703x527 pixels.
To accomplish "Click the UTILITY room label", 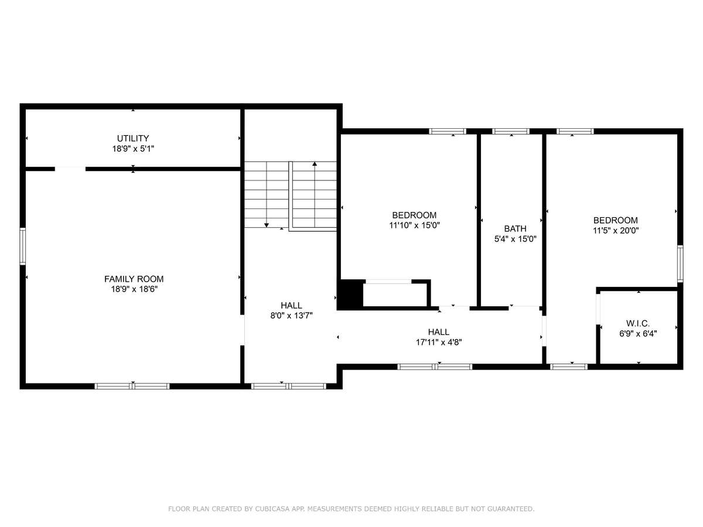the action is pyautogui.click(x=133, y=138).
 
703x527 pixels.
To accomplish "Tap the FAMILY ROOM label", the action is pyautogui.click(x=134, y=279).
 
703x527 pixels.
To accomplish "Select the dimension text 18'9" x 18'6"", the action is pyautogui.click(x=134, y=289).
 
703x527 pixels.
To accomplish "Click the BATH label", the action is pyautogui.click(x=515, y=229).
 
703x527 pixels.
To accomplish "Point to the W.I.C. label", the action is pyautogui.click(x=638, y=323).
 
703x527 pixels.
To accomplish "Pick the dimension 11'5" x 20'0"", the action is pyautogui.click(x=616, y=230).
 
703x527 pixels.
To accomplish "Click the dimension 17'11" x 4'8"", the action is pyautogui.click(x=438, y=343).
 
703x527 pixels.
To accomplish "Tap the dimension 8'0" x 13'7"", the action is pyautogui.click(x=291, y=316).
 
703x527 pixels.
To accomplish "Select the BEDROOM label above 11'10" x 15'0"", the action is pyautogui.click(x=414, y=215).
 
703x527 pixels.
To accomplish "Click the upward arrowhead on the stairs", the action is pyautogui.click(x=315, y=164).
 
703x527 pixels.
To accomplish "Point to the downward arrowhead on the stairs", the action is pyautogui.click(x=266, y=225).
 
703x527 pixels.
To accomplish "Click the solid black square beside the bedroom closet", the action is pyautogui.click(x=350, y=294).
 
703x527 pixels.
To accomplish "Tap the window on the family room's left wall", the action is pyautogui.click(x=22, y=247).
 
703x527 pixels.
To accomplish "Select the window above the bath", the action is pyautogui.click(x=510, y=131).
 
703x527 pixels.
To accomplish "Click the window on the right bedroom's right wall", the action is pyautogui.click(x=680, y=263).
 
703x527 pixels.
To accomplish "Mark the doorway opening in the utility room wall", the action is pyautogui.click(x=70, y=169).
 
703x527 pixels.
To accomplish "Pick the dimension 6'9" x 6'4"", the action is pyautogui.click(x=638, y=334).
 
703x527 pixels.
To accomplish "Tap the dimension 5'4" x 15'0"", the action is pyautogui.click(x=515, y=239).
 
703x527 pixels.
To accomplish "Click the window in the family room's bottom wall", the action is pyautogui.click(x=132, y=386).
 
